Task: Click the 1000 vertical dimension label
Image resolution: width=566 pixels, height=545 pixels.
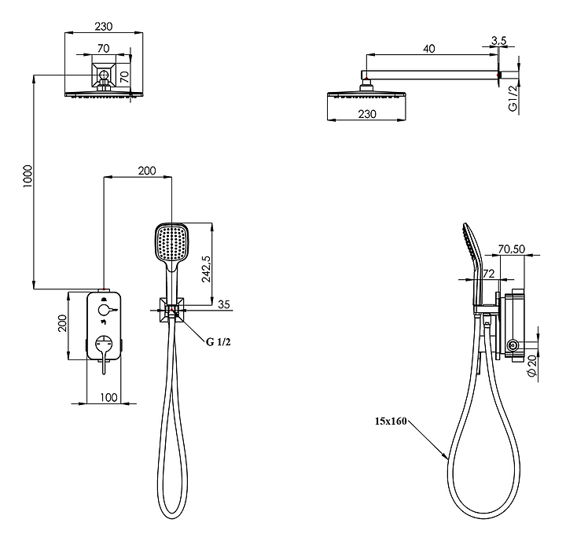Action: (x=28, y=180)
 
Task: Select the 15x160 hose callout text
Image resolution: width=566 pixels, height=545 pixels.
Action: (x=390, y=421)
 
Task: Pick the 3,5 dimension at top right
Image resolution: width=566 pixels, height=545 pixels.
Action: (x=498, y=40)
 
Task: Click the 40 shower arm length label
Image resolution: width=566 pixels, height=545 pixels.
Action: (x=429, y=49)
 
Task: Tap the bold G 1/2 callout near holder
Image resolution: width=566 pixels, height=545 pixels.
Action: (x=221, y=342)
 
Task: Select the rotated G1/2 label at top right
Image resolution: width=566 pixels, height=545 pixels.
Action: (x=513, y=99)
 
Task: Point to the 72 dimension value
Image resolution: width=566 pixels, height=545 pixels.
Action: (x=487, y=274)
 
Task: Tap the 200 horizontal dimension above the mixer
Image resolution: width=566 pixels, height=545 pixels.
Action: (x=146, y=171)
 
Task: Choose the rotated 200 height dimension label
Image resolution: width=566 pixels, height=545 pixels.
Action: (x=63, y=322)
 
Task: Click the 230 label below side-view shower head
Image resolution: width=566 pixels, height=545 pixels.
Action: (x=367, y=113)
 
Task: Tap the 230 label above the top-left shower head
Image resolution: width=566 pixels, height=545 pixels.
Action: (x=103, y=26)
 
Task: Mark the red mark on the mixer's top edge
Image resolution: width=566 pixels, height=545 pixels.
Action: (x=104, y=290)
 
